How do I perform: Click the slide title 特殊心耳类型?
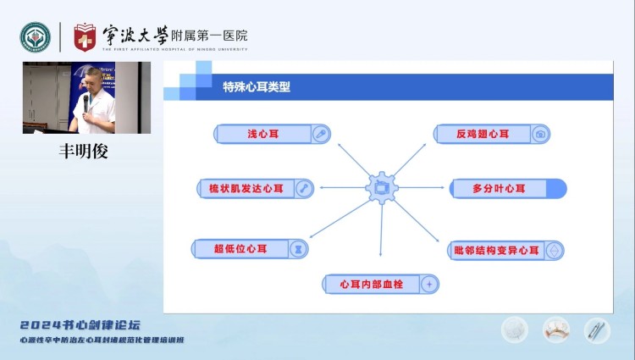coord(257,86)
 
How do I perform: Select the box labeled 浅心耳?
coord(272,134)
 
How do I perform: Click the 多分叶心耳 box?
coord(507,188)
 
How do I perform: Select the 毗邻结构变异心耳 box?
coord(505,250)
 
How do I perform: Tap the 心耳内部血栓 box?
coord(382,284)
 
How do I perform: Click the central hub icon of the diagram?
coord(382,187)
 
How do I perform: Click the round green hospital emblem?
coord(36,36)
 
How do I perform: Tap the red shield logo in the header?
coord(85,36)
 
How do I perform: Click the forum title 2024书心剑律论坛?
coord(80,324)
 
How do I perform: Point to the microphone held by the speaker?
coord(86,102)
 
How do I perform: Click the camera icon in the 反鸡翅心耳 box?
coord(541,134)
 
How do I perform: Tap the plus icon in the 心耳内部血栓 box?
coord(429,284)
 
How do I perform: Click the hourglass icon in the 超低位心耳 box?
coord(298,248)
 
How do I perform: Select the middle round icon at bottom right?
coord(556,329)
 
